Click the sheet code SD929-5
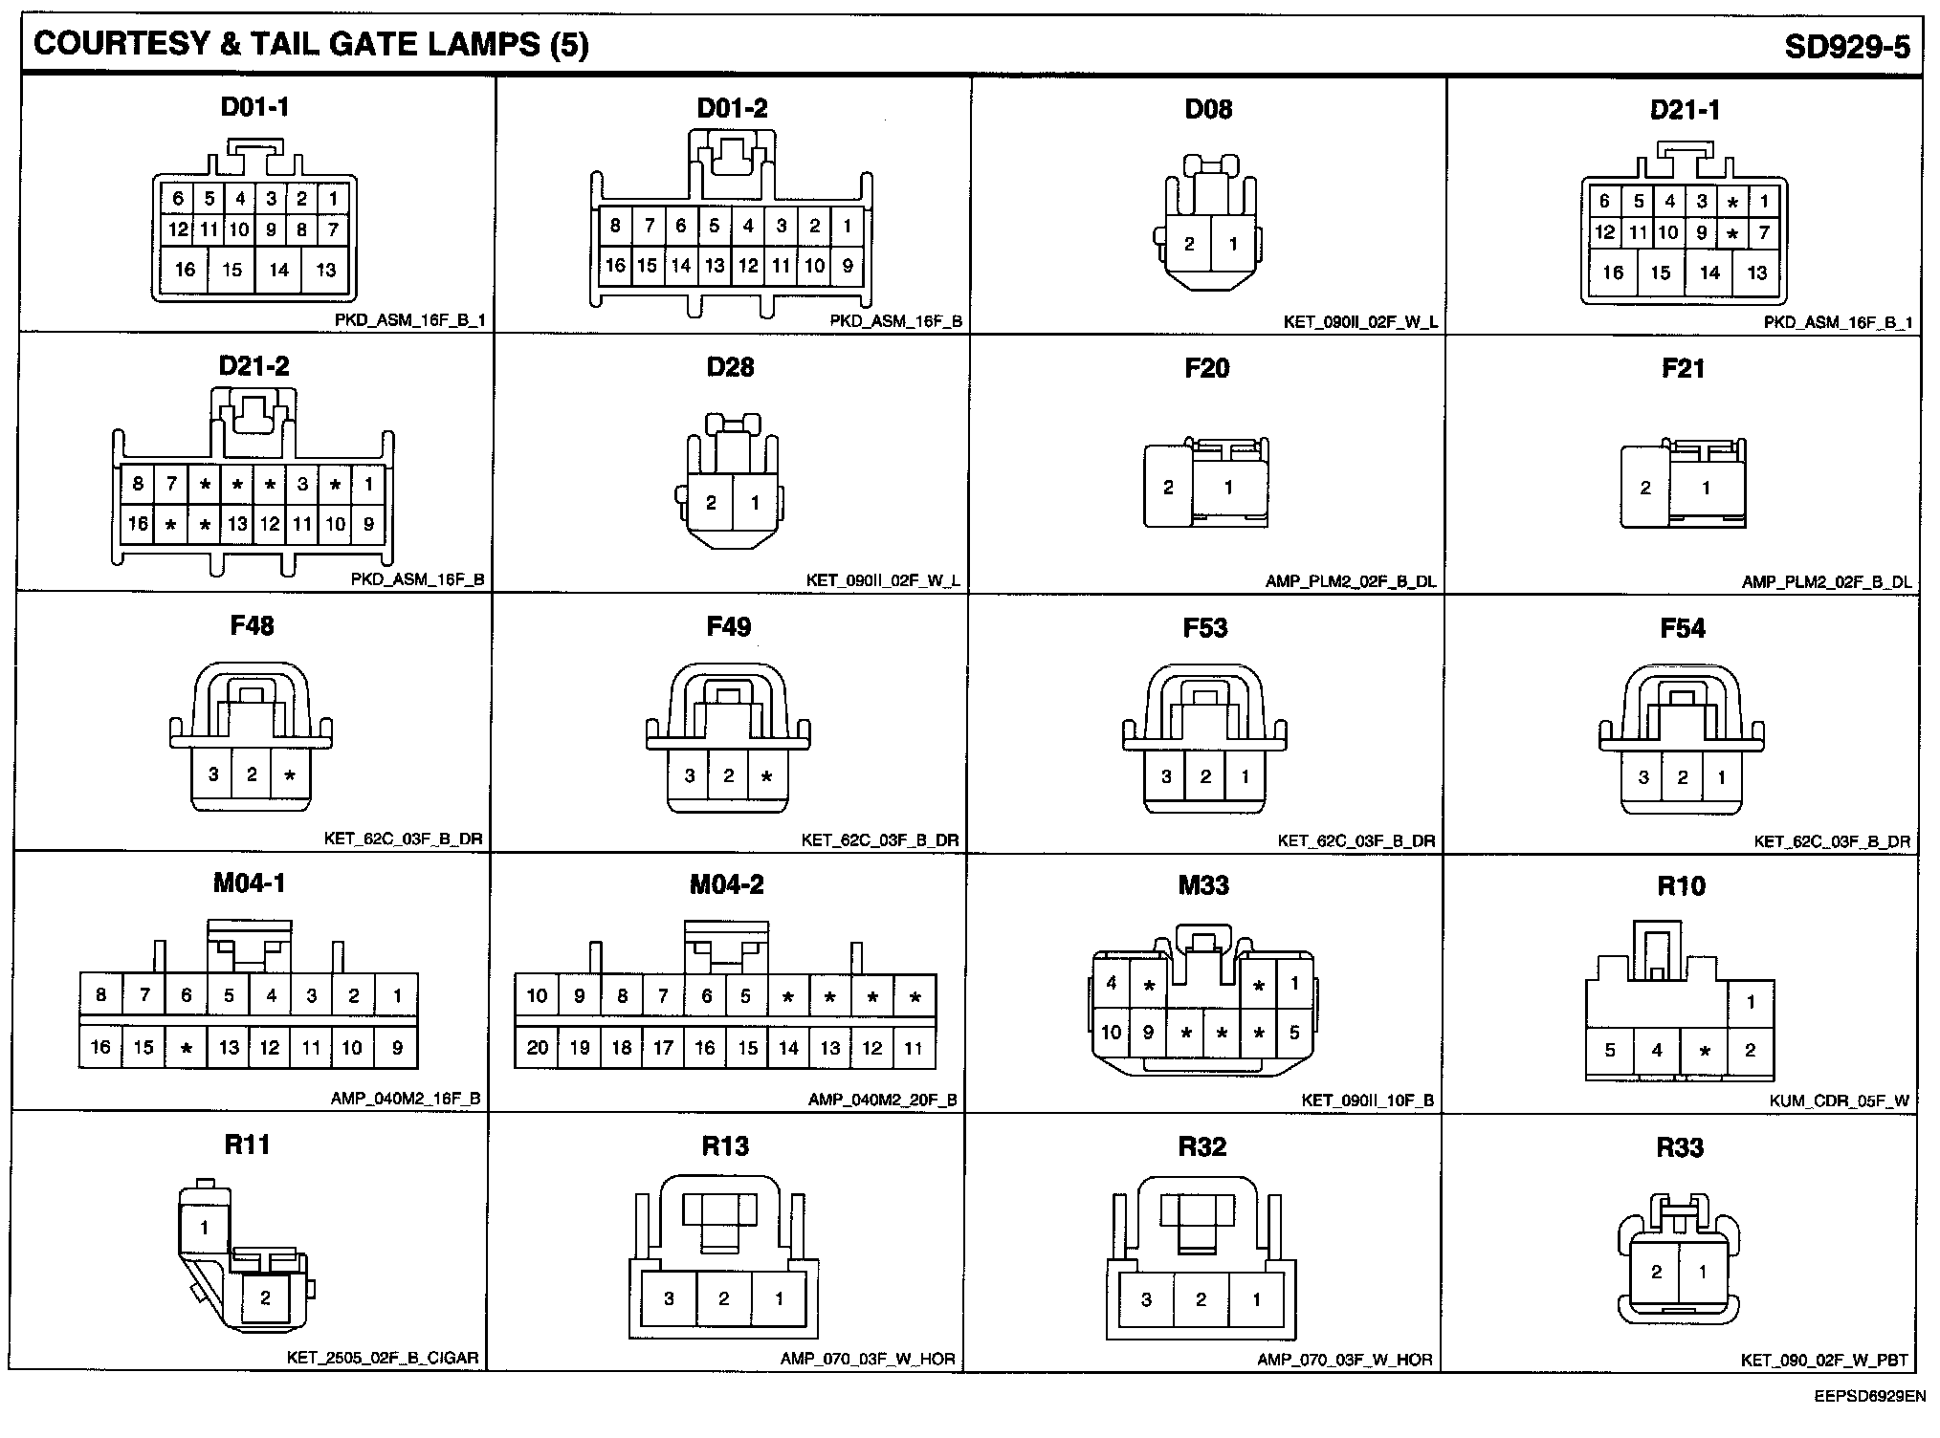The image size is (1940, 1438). pyautogui.click(x=1846, y=47)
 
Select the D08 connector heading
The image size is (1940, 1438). pyautogui.click(x=1208, y=109)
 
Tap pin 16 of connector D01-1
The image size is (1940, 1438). pyautogui.click(x=185, y=270)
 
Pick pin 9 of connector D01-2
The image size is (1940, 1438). pyautogui.click(x=847, y=266)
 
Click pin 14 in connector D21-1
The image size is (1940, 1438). pyautogui.click(x=1709, y=272)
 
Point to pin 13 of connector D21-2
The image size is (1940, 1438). pyautogui.click(x=237, y=524)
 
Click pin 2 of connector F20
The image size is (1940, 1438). pyautogui.click(x=1168, y=488)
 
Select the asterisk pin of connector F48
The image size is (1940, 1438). pyautogui.click(x=290, y=775)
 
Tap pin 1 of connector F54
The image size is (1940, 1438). pyautogui.click(x=1722, y=777)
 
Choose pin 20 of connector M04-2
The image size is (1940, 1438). pyautogui.click(x=537, y=1048)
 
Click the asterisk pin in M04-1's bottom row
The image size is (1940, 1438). pyautogui.click(x=187, y=1048)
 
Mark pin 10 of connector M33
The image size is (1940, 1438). pyautogui.click(x=1111, y=1033)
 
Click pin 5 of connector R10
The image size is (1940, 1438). pyautogui.click(x=1610, y=1051)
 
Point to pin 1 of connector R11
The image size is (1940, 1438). pyautogui.click(x=204, y=1228)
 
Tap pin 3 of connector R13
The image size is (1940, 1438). pyautogui.click(x=669, y=1298)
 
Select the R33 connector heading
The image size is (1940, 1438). pyautogui.click(x=1681, y=1147)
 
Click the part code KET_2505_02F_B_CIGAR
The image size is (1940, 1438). pyautogui.click(x=383, y=1358)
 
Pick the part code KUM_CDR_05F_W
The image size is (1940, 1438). pyautogui.click(x=1839, y=1100)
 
